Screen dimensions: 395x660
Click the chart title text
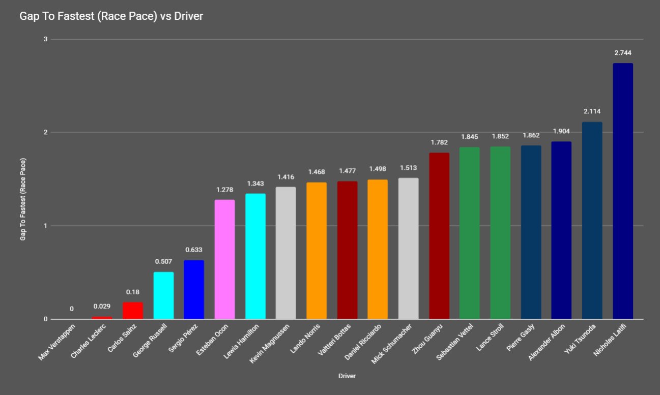click(x=111, y=16)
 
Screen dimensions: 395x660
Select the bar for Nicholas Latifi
click(x=622, y=191)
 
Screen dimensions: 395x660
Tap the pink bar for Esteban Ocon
click(x=224, y=259)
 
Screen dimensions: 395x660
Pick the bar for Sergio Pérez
click(x=194, y=290)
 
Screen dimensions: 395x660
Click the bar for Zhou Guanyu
click(x=439, y=236)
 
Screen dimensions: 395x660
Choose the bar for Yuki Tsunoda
click(x=592, y=221)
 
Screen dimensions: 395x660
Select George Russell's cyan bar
click(x=163, y=295)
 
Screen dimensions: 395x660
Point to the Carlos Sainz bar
click(x=133, y=311)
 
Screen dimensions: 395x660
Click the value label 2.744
click(x=622, y=53)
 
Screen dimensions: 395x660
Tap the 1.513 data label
click(x=408, y=168)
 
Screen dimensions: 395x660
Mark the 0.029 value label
click(x=102, y=307)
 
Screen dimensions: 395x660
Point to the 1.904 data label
click(x=561, y=131)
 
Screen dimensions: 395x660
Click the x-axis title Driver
click(x=347, y=376)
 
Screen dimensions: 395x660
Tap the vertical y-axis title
click(x=23, y=199)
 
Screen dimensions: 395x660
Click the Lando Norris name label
click(x=303, y=342)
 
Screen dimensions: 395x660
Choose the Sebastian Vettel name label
click(x=453, y=345)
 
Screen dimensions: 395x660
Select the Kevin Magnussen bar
click(x=285, y=253)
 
